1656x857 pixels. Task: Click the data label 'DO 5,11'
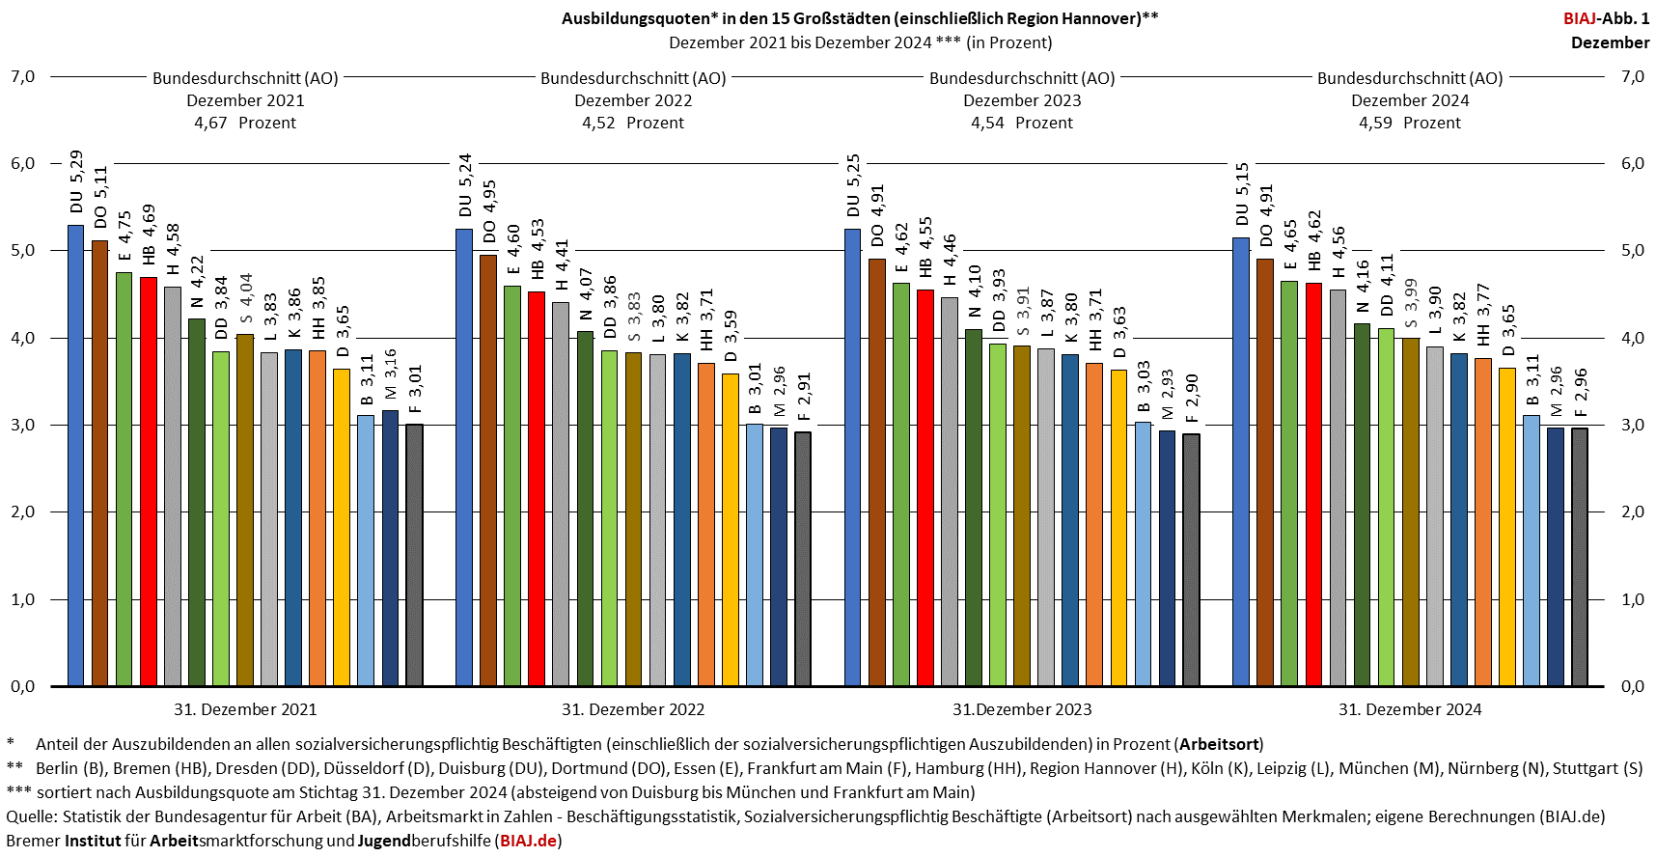[x=100, y=198]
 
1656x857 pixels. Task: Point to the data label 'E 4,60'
[x=513, y=250]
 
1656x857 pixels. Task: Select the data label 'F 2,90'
[x=1192, y=399]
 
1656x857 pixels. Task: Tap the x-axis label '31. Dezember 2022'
[x=633, y=709]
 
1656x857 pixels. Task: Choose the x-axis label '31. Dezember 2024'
[x=1410, y=709]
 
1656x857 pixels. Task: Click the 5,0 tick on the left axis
[x=23, y=251]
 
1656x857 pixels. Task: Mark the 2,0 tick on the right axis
[x=1632, y=512]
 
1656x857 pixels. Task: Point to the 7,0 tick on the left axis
[x=23, y=76]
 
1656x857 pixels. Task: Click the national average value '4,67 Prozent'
[x=245, y=123]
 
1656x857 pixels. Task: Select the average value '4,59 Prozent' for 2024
[x=1410, y=123]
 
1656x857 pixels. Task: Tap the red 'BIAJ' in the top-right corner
[x=1580, y=18]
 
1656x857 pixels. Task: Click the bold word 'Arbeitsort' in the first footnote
[x=1218, y=744]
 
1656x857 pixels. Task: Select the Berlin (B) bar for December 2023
[x=1143, y=554]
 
